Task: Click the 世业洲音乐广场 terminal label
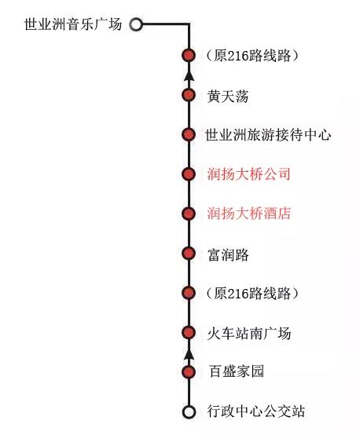73,24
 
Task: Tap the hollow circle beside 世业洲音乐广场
136,24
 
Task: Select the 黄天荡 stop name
227,96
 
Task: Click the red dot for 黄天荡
189,95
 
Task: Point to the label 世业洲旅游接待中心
268,135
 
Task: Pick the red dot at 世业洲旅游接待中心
189,134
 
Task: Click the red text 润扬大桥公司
248,174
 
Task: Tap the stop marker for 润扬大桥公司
189,174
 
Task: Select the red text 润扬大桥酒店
248,214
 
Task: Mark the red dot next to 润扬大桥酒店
189,214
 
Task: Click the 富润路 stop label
228,254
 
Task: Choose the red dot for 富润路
189,254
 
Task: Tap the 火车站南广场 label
249,333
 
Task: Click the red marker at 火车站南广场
189,332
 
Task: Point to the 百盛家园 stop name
237,371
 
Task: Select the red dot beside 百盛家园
189,372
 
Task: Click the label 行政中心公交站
255,411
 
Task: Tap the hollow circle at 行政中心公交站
189,412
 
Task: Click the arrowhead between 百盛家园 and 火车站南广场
189,355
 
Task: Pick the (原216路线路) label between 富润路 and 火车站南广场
252,294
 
